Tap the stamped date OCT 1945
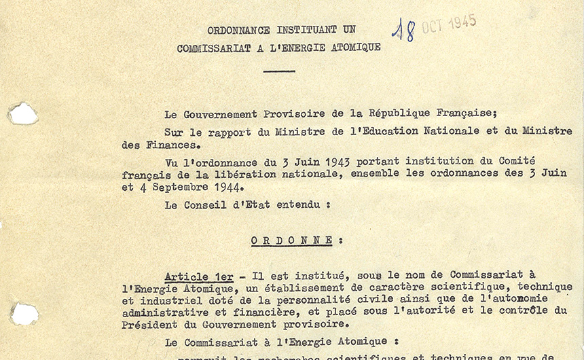tap(449, 24)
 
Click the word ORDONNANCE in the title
tap(236, 31)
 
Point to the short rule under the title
tap(279, 71)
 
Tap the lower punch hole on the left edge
tap(24, 314)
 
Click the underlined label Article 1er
tap(199, 276)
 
